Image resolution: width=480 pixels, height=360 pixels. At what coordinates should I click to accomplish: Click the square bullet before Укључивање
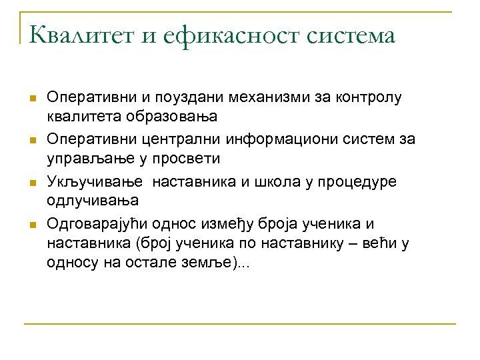(x=31, y=183)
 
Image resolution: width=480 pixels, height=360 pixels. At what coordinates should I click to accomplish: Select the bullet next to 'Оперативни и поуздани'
(x=31, y=99)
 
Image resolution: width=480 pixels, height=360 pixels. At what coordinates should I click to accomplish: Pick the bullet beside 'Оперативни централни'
(x=31, y=141)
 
